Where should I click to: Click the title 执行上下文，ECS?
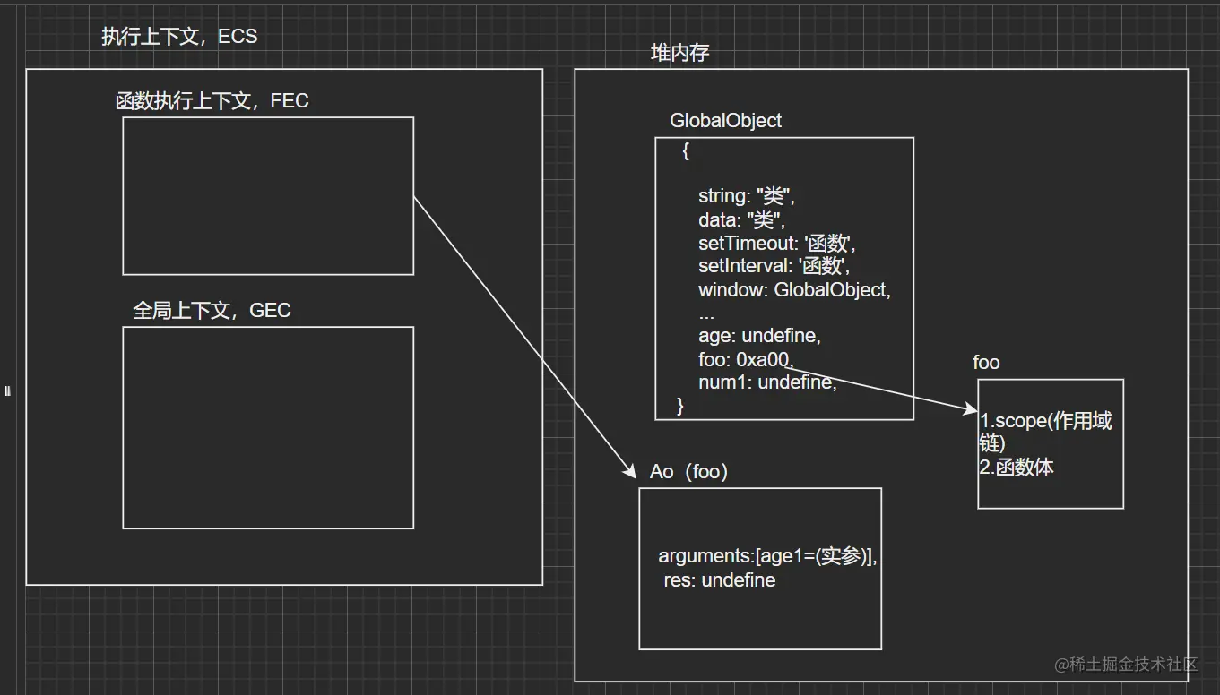[179, 37]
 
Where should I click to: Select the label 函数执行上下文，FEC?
[212, 100]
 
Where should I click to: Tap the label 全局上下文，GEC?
[212, 311]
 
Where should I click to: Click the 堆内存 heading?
[679, 53]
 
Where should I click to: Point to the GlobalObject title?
[725, 121]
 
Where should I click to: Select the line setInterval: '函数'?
[774, 266]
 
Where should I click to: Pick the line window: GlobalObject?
[794, 290]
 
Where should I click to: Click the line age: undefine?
[759, 337]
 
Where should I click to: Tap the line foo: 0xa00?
[746, 360]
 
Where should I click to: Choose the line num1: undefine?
[767, 383]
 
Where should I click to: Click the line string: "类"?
[747, 196]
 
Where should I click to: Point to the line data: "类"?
[741, 219]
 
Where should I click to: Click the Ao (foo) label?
[688, 472]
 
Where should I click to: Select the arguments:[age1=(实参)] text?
[767, 556]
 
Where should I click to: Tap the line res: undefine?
[719, 580]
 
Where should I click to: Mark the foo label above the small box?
[986, 363]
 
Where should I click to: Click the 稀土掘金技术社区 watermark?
[1127, 664]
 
